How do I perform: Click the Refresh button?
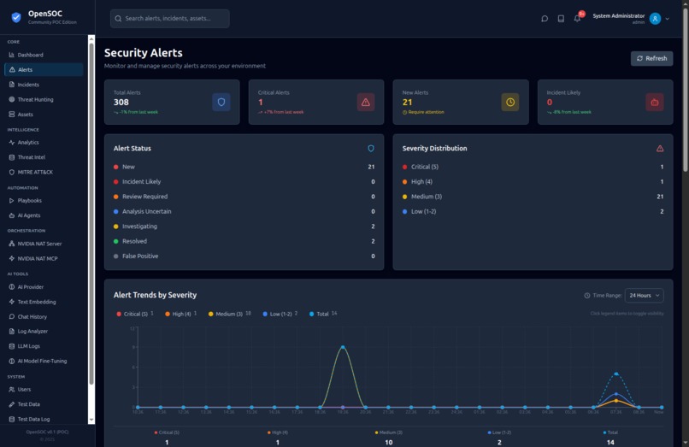[x=651, y=58]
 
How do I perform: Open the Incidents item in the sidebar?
[x=28, y=85]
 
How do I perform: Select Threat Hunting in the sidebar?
[x=35, y=99]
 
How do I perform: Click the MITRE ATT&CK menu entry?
[x=35, y=172]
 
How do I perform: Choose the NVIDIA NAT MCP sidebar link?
[x=38, y=258]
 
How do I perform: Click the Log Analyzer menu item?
[x=32, y=331]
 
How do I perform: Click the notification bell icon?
[x=577, y=18]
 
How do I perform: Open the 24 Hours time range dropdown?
[x=644, y=295]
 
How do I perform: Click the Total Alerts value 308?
[x=121, y=102]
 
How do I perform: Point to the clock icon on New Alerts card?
[x=510, y=102]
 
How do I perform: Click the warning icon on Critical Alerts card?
[x=366, y=102]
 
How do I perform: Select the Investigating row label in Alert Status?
[x=140, y=226]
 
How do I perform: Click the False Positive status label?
[x=139, y=256]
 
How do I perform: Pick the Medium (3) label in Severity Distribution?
[x=427, y=197]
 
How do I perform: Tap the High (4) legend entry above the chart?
[x=181, y=314]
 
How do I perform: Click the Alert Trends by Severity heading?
[x=155, y=295]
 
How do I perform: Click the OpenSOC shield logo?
[x=15, y=17]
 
